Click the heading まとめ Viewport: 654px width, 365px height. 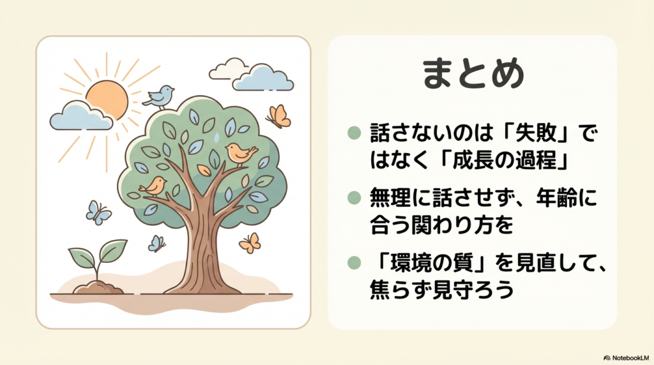click(473, 73)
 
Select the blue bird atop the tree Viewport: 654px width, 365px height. click(159, 98)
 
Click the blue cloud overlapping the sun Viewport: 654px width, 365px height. click(81, 116)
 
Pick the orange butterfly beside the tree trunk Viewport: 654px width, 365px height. click(250, 243)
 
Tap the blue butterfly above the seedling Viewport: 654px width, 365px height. click(98, 213)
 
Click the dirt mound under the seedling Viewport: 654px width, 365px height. click(98, 288)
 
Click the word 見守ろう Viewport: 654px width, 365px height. click(473, 289)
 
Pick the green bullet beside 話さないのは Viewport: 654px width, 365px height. click(354, 133)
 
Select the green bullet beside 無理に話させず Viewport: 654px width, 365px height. click(354, 198)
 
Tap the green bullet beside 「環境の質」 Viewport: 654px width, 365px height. click(354, 263)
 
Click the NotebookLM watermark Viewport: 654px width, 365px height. click(627, 358)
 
